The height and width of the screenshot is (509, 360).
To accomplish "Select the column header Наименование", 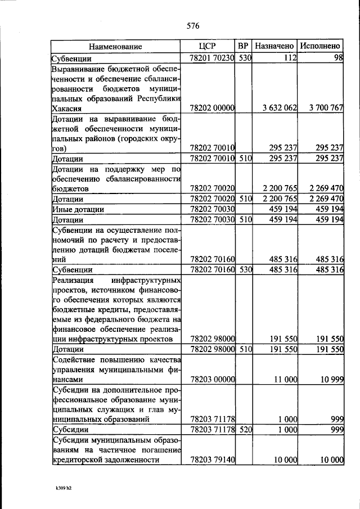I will [115, 47].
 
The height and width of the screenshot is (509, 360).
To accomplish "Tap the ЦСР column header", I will [208, 46].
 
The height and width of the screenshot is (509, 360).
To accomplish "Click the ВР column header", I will [243, 46].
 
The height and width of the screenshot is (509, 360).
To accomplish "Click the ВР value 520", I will [243, 430].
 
